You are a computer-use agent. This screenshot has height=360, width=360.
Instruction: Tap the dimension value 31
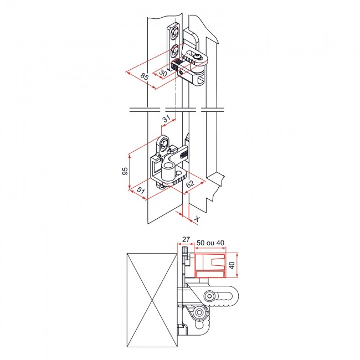click(166, 119)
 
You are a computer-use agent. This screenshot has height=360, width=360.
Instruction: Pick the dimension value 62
click(189, 183)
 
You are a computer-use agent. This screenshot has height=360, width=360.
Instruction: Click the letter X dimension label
click(197, 219)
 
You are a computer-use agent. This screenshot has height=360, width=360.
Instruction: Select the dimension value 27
click(186, 240)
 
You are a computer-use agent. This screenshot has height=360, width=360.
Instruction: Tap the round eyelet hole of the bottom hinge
click(164, 145)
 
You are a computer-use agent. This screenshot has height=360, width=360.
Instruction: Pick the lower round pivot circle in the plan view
click(198, 315)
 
